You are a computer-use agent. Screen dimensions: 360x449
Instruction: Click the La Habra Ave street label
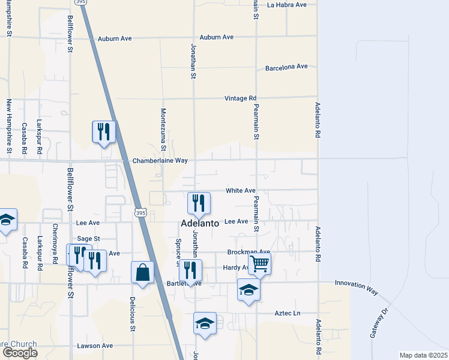(287, 5)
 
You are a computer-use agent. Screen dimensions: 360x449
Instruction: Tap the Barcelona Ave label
(286, 67)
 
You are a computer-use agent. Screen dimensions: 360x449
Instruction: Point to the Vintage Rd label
(240, 98)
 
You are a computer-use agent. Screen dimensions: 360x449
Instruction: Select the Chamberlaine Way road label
(160, 161)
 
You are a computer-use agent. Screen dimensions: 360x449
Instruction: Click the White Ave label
(241, 191)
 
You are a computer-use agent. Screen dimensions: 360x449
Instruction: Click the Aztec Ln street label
(287, 313)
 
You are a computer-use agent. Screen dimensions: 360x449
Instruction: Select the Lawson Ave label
(95, 346)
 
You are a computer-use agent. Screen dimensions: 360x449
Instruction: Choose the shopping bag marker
(143, 272)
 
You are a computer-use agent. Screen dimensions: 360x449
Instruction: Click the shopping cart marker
(259, 263)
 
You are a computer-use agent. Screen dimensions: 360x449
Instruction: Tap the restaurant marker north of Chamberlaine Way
(104, 131)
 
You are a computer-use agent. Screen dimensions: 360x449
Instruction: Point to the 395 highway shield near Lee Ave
(140, 213)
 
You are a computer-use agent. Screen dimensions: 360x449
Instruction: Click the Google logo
(20, 353)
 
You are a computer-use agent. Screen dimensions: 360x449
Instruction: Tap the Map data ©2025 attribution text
(423, 355)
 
